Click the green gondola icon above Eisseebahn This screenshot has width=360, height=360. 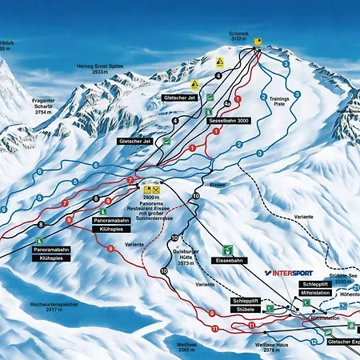(229, 249)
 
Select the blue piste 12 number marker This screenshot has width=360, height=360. (312, 341)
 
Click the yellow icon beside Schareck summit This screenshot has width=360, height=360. (258, 40)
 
